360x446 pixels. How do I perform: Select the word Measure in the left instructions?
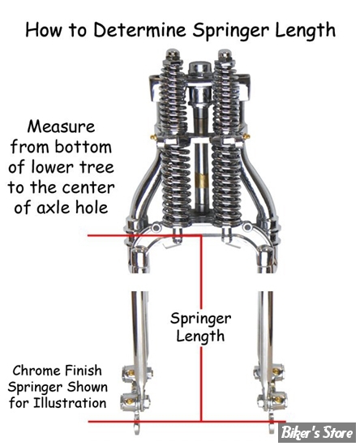coord(61,127)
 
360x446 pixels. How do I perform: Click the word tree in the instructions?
coord(96,167)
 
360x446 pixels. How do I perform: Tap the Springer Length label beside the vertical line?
coord(200,328)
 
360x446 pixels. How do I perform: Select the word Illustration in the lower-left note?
coord(70,403)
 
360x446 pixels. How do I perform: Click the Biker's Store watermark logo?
coord(316,432)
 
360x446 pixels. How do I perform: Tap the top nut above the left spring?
coord(172,56)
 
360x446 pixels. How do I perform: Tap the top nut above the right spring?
coord(225,56)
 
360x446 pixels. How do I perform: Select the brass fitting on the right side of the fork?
coord(246,136)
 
